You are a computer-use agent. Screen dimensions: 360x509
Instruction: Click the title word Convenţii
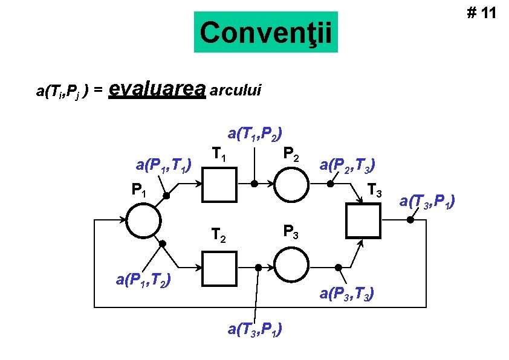(265, 33)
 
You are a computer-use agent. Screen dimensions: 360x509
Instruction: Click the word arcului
(236, 90)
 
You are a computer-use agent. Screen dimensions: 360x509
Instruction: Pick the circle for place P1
(143, 220)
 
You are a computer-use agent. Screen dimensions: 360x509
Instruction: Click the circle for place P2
(293, 184)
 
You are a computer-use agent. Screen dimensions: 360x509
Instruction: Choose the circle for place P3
(293, 267)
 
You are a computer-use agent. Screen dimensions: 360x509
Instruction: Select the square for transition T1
(219, 184)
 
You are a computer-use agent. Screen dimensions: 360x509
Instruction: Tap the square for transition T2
(219, 267)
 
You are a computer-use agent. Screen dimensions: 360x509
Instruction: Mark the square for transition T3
(363, 220)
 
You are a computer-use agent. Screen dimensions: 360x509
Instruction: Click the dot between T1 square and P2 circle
(255, 184)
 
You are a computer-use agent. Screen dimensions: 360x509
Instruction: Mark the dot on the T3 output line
(410, 220)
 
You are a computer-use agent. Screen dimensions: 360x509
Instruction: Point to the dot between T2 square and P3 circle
(258, 267)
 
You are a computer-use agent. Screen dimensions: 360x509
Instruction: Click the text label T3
(375, 193)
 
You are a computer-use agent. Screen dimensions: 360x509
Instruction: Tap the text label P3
(291, 231)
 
